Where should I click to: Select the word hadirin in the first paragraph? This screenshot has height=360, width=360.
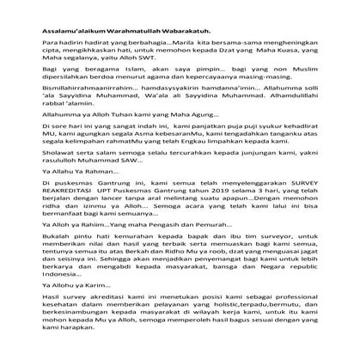(x=71, y=40)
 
